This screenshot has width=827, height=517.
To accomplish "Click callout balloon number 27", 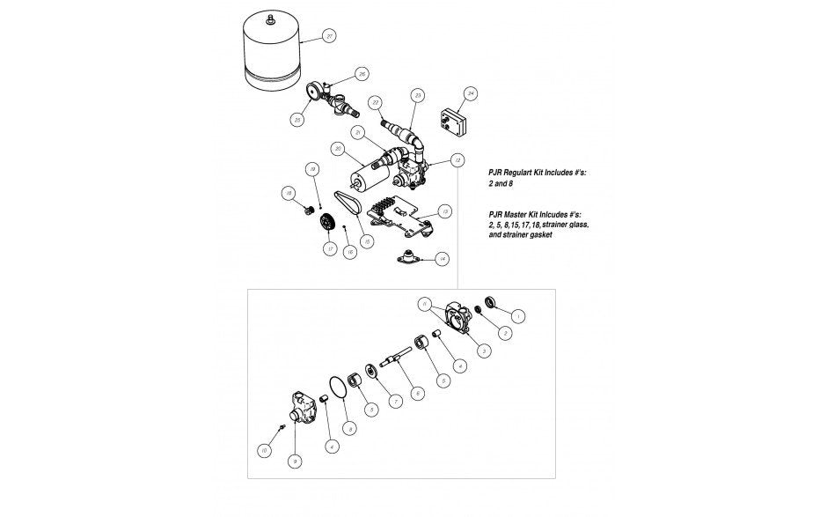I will pos(329,36).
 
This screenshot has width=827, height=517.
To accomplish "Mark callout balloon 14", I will pos(443,258).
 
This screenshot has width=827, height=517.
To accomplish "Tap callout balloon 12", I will pos(457,160).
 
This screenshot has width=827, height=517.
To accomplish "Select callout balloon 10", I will pos(263,451).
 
